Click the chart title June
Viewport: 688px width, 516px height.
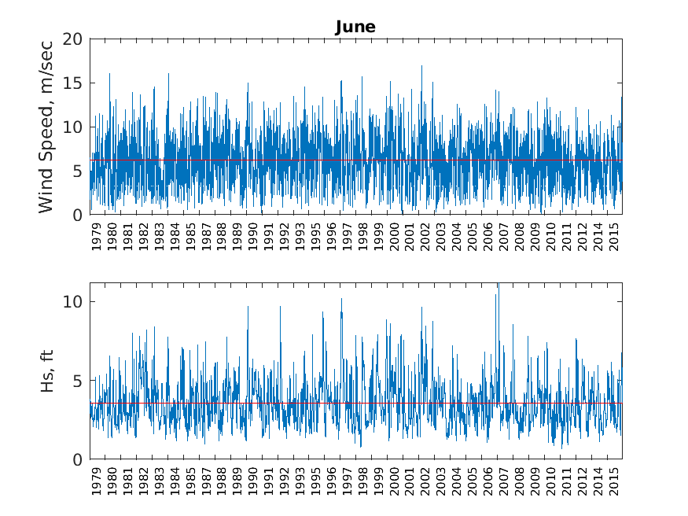click(x=355, y=27)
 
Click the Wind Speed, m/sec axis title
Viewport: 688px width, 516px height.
click(x=46, y=127)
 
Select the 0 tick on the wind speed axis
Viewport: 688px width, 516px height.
click(x=77, y=215)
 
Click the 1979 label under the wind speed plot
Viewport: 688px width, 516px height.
click(x=97, y=236)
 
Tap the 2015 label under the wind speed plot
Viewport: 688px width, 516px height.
click(x=615, y=236)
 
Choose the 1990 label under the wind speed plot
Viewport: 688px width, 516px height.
click(x=253, y=236)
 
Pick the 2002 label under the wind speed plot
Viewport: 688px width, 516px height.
click(x=425, y=236)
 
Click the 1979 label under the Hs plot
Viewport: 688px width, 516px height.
click(x=97, y=481)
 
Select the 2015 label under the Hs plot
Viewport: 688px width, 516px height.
click(x=615, y=481)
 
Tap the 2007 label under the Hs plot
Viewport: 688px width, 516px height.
click(x=504, y=481)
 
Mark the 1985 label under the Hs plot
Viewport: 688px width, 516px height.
click(x=191, y=481)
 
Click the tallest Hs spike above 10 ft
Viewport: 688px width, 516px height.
click(x=497, y=285)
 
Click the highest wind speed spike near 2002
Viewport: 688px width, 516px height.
click(x=421, y=66)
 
